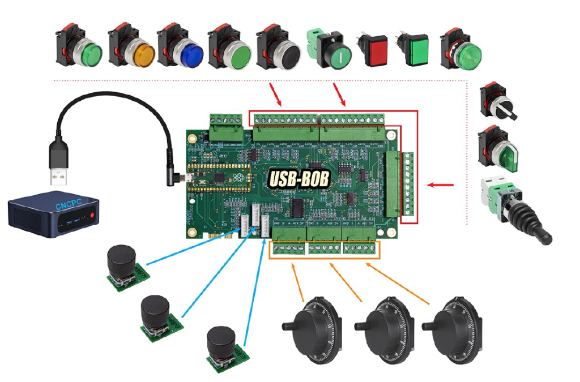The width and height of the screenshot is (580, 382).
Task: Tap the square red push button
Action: [375, 53]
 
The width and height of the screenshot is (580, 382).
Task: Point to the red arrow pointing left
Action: [442, 184]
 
